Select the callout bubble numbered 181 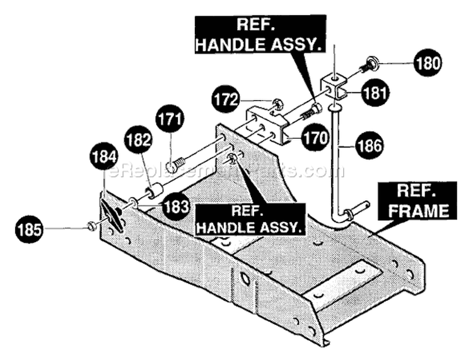click(x=375, y=93)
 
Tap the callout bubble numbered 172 click(x=226, y=99)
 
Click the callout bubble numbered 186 click(x=369, y=146)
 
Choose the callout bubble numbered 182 click(x=138, y=140)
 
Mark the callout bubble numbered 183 click(x=175, y=207)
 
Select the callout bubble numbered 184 click(x=103, y=157)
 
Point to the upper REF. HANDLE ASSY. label click(x=260, y=35)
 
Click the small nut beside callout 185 click(x=91, y=226)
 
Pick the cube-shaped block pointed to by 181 click(x=334, y=87)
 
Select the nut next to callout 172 click(x=277, y=104)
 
